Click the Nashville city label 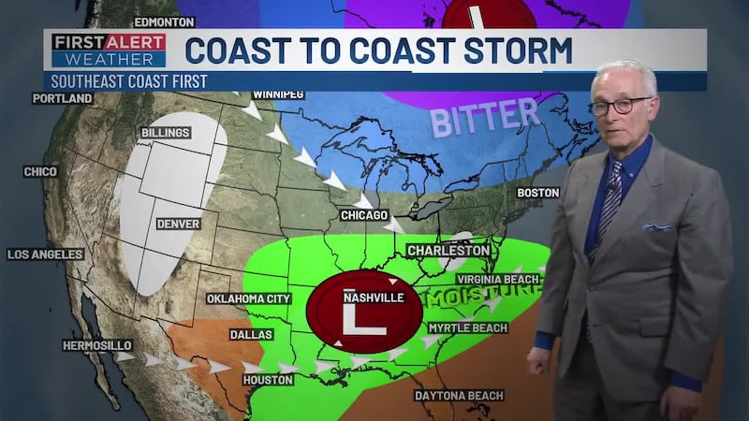[374, 298]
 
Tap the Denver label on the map [178, 224]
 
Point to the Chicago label [364, 216]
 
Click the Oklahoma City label [249, 299]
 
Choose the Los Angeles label [45, 254]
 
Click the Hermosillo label [96, 345]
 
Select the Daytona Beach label [459, 396]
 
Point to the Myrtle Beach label [467, 328]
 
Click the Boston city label [537, 193]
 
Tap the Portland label [63, 98]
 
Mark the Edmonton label [164, 22]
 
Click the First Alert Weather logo [109, 51]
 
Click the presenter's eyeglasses [620, 105]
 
